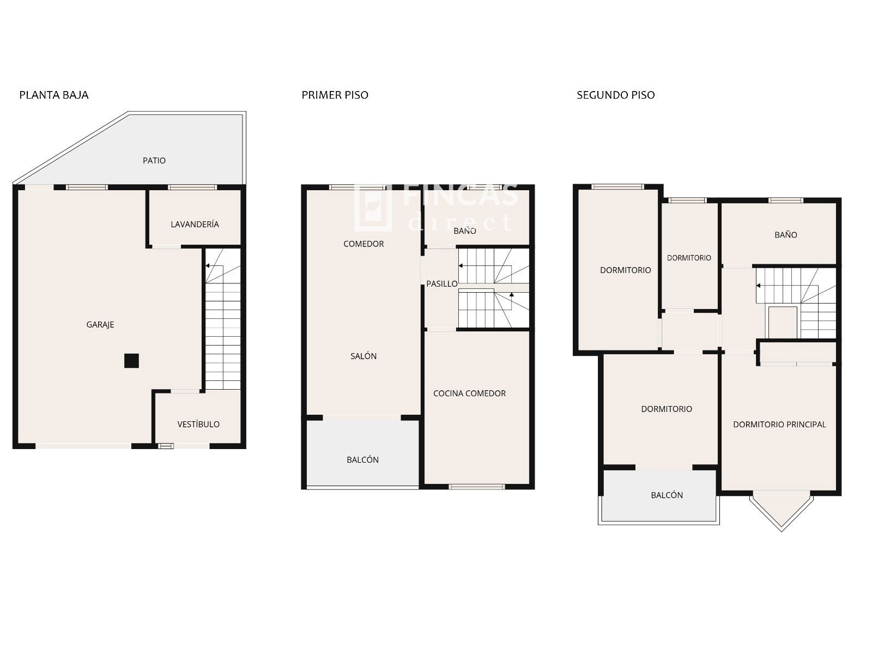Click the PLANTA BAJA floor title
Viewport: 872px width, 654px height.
(x=53, y=95)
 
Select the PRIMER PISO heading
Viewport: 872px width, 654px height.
(x=335, y=95)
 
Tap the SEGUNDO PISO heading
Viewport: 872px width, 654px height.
(x=616, y=95)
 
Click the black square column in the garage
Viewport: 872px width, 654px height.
(x=131, y=361)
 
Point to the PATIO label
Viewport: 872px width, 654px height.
(x=154, y=160)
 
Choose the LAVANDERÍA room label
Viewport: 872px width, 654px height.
(x=195, y=224)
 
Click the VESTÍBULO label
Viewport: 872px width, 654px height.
(x=198, y=424)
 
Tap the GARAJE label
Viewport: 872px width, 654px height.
(x=100, y=324)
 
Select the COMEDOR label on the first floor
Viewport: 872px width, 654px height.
(x=364, y=244)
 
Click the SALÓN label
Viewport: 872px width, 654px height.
(x=364, y=356)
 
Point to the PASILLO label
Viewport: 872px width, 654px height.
(x=442, y=283)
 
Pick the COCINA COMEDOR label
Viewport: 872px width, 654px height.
(x=470, y=393)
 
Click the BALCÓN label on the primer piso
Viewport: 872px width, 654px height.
(x=363, y=459)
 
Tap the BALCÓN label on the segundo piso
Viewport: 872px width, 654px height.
(x=667, y=495)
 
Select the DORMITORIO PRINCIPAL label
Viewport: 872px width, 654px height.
(x=779, y=424)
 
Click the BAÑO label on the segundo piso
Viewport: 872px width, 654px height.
(x=786, y=235)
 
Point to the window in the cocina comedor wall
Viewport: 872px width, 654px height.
(x=477, y=487)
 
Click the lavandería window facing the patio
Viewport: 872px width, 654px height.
(x=192, y=187)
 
